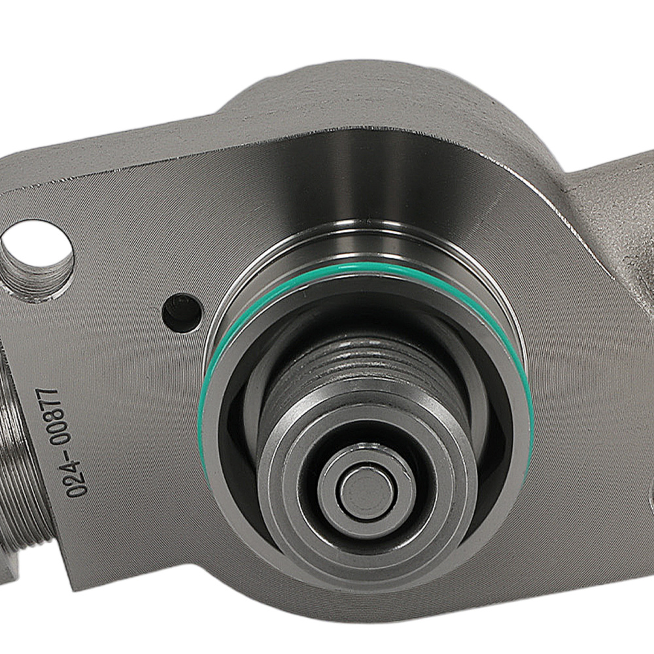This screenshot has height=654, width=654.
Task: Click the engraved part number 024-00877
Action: [52, 443]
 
